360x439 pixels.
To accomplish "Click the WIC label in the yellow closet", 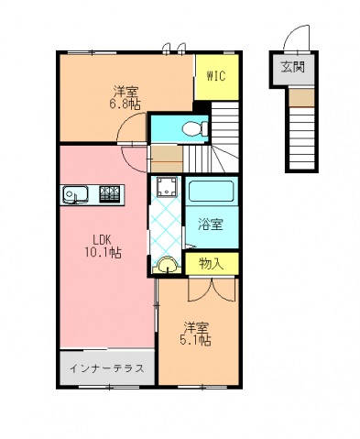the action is pyautogui.click(x=216, y=76).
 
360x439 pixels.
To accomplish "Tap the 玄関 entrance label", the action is pyautogui.click(x=293, y=67).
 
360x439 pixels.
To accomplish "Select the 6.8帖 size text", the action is pyautogui.click(x=125, y=104).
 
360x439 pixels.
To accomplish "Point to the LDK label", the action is pyautogui.click(x=104, y=240).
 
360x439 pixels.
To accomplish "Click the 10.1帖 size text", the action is pyautogui.click(x=104, y=253).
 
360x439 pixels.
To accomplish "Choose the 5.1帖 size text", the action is pyautogui.click(x=195, y=340).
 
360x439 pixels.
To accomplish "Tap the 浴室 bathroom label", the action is pyautogui.click(x=211, y=225).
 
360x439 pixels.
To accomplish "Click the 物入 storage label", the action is pyautogui.click(x=212, y=264).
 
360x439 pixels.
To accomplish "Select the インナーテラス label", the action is pyautogui.click(x=107, y=368).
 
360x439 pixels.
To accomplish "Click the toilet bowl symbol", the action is pyautogui.click(x=195, y=129).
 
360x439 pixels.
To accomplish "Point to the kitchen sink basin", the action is pyautogui.click(x=75, y=194).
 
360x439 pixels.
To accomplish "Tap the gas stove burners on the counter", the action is pyautogui.click(x=109, y=194).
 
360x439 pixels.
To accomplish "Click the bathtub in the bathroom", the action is pyautogui.click(x=211, y=191).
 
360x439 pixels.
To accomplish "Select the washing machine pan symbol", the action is pyautogui.click(x=167, y=187).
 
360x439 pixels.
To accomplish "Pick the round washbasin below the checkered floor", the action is pyautogui.click(x=167, y=264).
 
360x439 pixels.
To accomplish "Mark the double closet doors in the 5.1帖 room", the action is pyautogui.click(x=213, y=290).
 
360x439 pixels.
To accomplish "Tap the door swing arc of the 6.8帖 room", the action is pyautogui.click(x=131, y=127).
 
